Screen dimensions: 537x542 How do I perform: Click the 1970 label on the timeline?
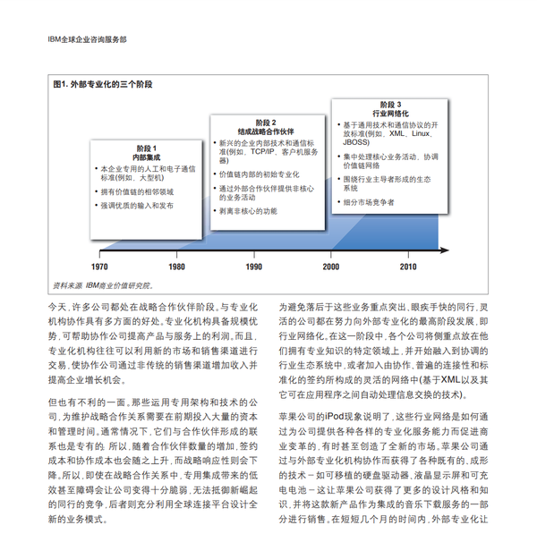point(100,267)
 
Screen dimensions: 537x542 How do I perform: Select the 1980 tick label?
point(177,267)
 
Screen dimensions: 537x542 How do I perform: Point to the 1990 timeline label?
point(254,267)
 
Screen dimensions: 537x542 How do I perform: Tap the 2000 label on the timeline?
point(331,267)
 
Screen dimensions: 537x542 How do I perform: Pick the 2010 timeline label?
point(408,267)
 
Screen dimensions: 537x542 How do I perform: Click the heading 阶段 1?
point(147,148)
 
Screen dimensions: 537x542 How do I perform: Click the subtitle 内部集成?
point(147,157)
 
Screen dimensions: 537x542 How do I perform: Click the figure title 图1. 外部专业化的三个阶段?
point(104,84)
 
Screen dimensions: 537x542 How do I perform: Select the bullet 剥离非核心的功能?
point(249,211)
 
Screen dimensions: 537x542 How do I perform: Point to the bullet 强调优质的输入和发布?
point(137,205)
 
